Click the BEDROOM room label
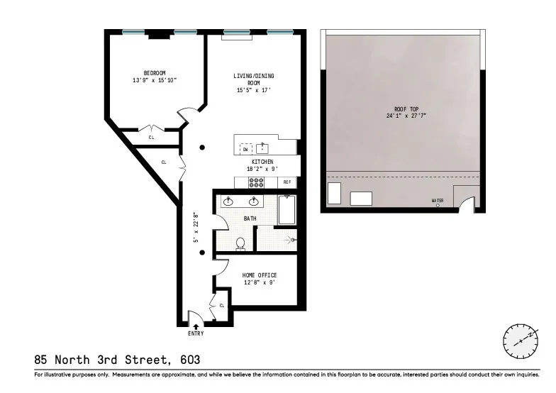[154, 73]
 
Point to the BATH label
[250, 218]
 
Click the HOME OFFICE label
[259, 275]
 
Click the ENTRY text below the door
[196, 333]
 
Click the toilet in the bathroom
[240, 243]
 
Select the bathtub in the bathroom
[287, 209]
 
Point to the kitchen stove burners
[256, 182]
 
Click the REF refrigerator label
[287, 182]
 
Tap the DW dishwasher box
[245, 149]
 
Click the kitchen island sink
[263, 148]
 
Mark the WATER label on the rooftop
[438, 201]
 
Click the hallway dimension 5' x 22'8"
[196, 227]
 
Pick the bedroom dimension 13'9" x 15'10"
[154, 81]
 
